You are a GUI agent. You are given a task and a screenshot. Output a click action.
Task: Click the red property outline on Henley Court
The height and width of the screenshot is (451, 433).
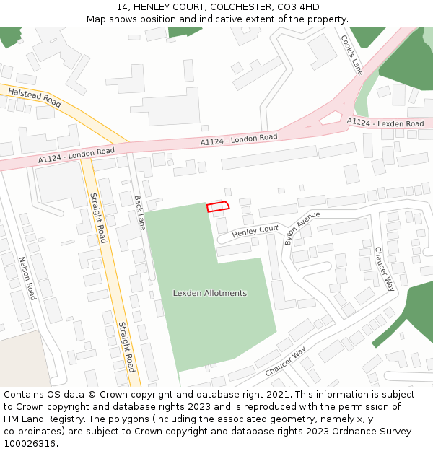coord(218,206)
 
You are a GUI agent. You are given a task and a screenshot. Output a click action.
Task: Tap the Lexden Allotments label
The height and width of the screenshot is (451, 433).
coord(209,293)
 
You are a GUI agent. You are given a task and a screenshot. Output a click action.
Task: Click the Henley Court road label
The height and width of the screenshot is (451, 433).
coord(255,230)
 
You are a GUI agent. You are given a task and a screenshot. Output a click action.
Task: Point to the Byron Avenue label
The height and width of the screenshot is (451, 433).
coord(301,228)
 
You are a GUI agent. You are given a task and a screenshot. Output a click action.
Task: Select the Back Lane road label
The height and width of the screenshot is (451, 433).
coord(140,212)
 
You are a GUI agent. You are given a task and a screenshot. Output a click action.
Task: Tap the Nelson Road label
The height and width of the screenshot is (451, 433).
coord(27,279)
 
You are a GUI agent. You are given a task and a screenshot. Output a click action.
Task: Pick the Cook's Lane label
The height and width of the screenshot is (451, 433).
coord(351,55)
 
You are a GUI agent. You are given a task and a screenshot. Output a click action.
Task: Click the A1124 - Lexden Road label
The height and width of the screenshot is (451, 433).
coord(385,123)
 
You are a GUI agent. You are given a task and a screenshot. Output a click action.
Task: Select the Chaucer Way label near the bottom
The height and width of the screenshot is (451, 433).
coord(285,361)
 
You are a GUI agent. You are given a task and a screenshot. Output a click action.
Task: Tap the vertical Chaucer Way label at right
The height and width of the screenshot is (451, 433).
coord(384,268)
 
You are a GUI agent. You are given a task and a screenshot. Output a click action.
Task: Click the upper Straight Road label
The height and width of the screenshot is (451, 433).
coord(97,217)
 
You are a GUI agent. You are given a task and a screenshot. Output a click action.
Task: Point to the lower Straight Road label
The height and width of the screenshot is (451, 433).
coord(126,346)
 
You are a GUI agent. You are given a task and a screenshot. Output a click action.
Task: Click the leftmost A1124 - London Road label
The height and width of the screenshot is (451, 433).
coord(76,154)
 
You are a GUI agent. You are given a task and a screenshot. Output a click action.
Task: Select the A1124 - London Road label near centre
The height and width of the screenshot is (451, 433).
coord(239,140)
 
